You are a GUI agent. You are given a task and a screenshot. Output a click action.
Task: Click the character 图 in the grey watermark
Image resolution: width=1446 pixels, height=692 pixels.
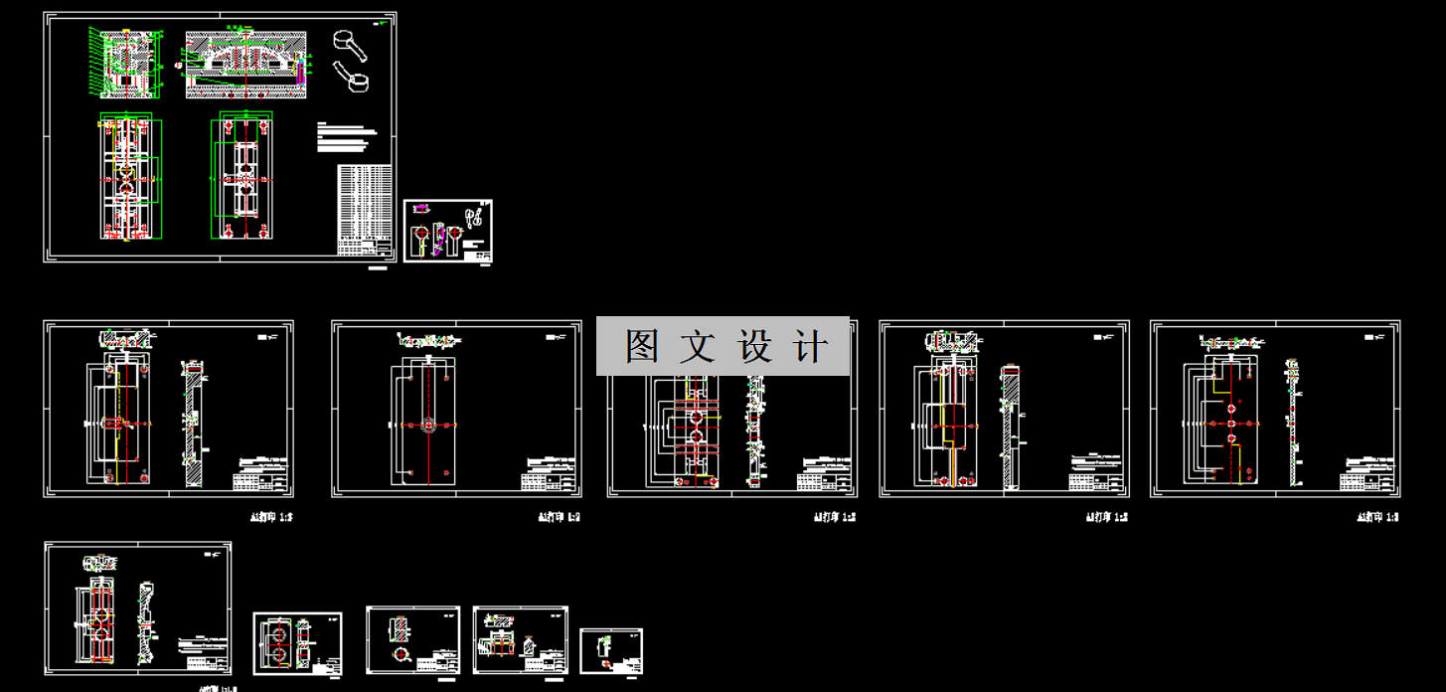click(x=642, y=347)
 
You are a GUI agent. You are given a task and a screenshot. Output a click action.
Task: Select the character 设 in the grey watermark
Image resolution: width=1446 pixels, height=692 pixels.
click(x=755, y=347)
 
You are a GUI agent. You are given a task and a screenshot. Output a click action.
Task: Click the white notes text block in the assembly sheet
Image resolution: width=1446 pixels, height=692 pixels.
click(x=347, y=137)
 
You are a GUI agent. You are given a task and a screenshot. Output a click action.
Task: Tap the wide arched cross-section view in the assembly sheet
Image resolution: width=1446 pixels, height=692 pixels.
click(x=244, y=64)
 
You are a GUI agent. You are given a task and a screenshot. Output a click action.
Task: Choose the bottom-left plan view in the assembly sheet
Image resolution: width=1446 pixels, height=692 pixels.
click(x=128, y=179)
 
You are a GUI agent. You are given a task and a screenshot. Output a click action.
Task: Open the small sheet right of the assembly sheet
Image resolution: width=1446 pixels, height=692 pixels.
click(x=448, y=231)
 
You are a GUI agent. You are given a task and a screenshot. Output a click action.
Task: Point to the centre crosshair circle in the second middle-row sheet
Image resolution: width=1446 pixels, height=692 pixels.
click(x=428, y=425)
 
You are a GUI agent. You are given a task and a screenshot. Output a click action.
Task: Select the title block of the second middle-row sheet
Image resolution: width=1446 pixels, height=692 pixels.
click(x=549, y=476)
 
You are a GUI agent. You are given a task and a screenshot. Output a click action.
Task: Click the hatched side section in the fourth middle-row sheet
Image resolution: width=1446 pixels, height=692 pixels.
click(x=1010, y=428)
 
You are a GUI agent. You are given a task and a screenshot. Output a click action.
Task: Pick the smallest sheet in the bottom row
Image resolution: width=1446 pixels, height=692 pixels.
click(x=611, y=651)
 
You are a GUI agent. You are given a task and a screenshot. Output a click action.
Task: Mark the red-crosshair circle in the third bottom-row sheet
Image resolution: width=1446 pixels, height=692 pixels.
click(x=402, y=655)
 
